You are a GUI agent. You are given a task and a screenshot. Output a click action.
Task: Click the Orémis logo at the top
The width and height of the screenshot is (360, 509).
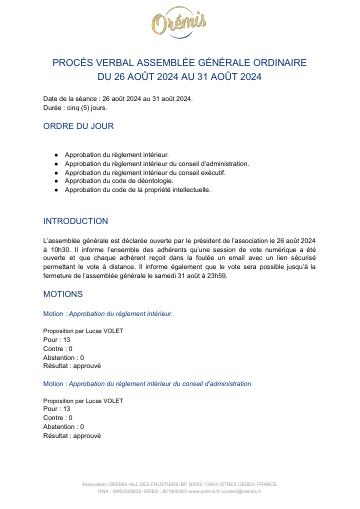pos(180,21)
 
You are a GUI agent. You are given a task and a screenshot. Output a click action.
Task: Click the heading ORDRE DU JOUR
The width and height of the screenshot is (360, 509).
pos(79,127)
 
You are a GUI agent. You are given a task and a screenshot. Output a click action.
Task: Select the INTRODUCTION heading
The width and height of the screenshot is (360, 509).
pos(76,221)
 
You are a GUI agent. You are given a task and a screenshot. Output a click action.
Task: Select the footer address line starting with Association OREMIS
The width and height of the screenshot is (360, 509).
pos(180,484)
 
